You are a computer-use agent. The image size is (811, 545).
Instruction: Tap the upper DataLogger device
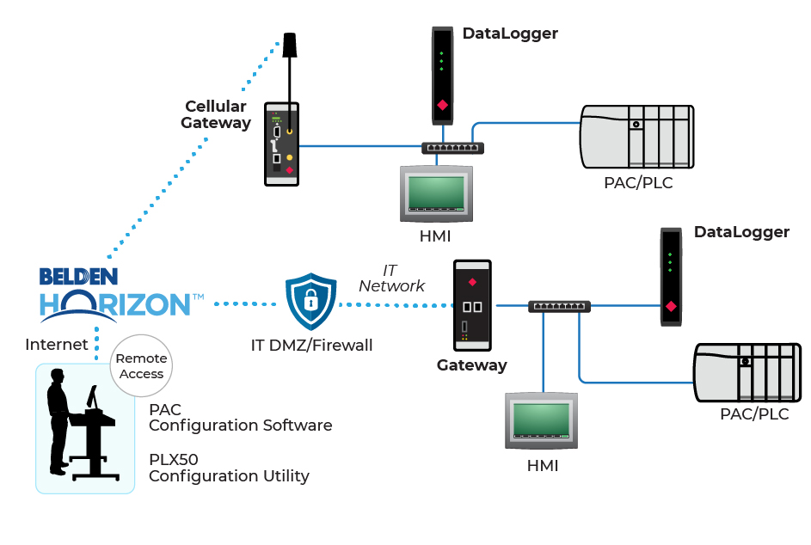pyautogui.click(x=442, y=76)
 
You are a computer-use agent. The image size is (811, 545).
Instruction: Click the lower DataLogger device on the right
pyautogui.click(x=671, y=277)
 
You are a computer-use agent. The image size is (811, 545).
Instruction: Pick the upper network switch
pyautogui.click(x=452, y=149)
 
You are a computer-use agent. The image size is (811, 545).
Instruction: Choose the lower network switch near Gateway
pyautogui.click(x=559, y=306)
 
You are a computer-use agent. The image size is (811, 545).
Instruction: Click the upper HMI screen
pyautogui.click(x=437, y=193)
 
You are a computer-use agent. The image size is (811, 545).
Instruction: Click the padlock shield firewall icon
pyautogui.click(x=310, y=302)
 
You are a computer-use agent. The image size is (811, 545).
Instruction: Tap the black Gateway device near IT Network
pyautogui.click(x=472, y=306)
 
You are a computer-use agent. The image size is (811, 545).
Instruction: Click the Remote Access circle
pyautogui.click(x=141, y=366)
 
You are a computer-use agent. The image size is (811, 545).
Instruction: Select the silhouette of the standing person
pyautogui.click(x=58, y=421)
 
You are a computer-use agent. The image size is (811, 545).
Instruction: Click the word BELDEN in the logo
pyautogui.click(x=78, y=277)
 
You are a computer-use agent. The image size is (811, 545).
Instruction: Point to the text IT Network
pyautogui.click(x=392, y=279)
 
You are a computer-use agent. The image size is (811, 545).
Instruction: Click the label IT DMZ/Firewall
pyautogui.click(x=311, y=346)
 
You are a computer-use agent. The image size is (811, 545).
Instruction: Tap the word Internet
pyautogui.click(x=57, y=345)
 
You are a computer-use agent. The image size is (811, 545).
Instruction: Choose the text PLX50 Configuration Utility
pyautogui.click(x=229, y=468)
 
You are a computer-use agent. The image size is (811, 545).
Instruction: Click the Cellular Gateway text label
pyautogui.click(x=215, y=114)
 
